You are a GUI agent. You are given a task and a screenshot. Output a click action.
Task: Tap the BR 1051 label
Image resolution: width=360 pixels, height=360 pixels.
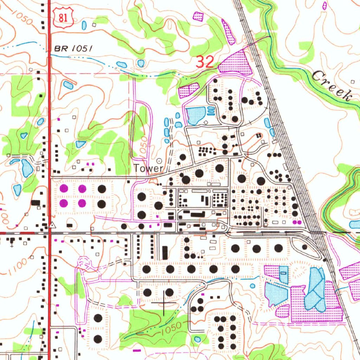pyautogui.click(x=73, y=49)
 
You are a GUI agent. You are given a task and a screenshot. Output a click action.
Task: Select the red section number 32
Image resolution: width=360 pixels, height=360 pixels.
pyautogui.click(x=205, y=62)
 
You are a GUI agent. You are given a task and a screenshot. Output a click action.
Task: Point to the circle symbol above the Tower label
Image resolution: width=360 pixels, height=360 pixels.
pyautogui.click(x=159, y=161)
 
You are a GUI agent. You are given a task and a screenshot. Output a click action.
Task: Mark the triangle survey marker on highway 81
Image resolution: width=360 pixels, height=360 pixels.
pyautogui.click(x=52, y=225)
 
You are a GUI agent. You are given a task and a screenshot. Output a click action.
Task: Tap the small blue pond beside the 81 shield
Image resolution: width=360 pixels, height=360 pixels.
pyautogui.click(x=84, y=25)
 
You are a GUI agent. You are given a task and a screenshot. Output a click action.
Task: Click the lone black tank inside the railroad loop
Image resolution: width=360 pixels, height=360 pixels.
pyautogui.click(x=304, y=247)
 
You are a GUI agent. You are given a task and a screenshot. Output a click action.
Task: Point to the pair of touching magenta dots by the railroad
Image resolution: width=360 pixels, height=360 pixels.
pyautogui.click(x=297, y=222)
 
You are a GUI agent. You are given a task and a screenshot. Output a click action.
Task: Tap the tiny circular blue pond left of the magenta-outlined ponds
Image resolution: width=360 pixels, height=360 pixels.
pyautogui.click(x=252, y=286)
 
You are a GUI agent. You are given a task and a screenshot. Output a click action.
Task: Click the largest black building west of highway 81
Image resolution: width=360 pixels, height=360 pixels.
pyautogui.click(x=36, y=202)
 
